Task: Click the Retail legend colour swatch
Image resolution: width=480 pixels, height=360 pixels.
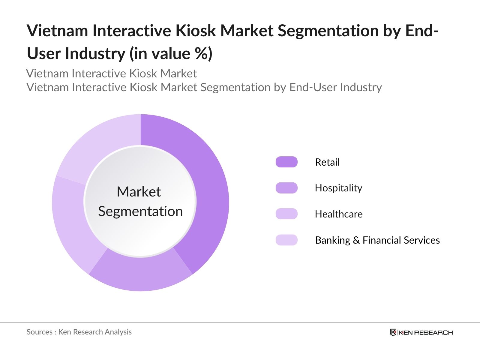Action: tap(286, 162)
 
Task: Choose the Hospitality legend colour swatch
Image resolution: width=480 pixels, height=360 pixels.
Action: tap(286, 188)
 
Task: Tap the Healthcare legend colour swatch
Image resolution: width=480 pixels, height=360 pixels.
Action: tap(286, 214)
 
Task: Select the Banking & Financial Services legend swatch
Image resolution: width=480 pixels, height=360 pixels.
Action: tap(286, 240)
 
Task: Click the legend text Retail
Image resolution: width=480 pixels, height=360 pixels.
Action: tap(327, 162)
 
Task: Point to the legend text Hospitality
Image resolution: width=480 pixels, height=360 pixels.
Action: tap(338, 188)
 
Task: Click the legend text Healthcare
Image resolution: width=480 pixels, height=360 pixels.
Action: tap(339, 214)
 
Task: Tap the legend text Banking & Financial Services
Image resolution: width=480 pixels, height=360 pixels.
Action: tap(377, 240)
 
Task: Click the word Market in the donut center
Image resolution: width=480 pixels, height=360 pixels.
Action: tap(139, 192)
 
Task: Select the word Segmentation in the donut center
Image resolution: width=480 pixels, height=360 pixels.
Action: tap(140, 211)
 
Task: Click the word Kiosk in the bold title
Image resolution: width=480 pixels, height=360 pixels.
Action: tap(195, 31)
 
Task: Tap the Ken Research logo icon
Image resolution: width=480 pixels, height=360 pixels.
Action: tap(393, 332)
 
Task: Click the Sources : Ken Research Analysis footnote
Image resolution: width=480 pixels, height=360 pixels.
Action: tap(79, 332)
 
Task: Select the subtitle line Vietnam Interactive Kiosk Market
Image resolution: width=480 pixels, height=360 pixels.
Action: tap(111, 73)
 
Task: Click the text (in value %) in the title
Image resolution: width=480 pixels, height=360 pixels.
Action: tap(171, 54)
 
